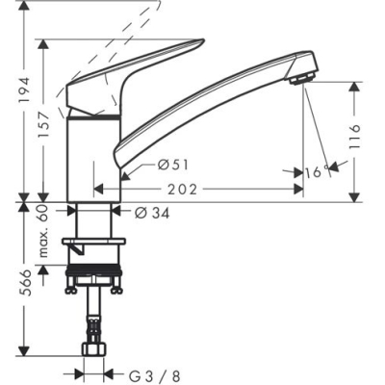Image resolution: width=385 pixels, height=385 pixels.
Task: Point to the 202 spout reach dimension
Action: [x=207, y=190]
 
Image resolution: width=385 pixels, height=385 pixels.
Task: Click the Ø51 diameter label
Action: [x=170, y=166]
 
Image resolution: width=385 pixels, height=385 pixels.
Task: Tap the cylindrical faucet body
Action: [x=93, y=154]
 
